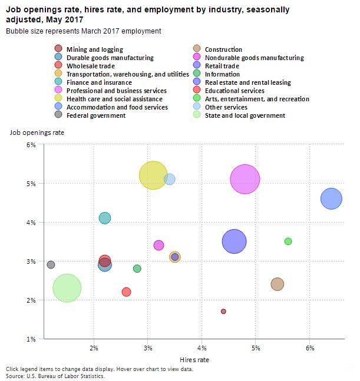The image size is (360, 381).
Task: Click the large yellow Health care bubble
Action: click(154, 175)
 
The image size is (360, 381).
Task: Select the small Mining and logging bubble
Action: click(223, 311)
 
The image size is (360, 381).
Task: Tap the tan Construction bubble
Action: click(277, 284)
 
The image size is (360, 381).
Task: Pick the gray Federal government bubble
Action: click(51, 265)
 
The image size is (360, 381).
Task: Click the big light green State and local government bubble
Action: click(67, 288)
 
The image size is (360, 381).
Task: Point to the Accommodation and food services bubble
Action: click(332, 198)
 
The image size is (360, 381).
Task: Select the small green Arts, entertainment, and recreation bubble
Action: click(288, 241)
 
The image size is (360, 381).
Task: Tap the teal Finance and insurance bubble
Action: click(105, 218)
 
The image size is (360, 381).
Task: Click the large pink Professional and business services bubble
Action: click(245, 179)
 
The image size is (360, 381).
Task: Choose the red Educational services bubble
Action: click(126, 291)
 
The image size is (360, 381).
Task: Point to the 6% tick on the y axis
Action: click(32, 144)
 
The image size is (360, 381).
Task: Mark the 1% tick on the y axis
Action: click(32, 339)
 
